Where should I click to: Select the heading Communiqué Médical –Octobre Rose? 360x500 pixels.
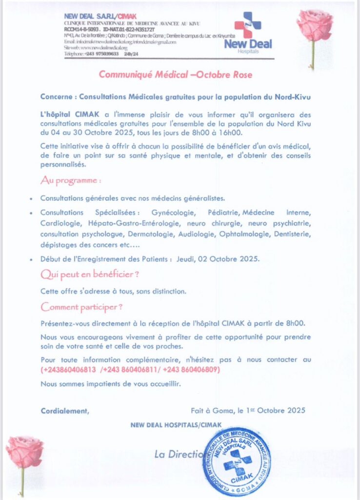click(176, 75)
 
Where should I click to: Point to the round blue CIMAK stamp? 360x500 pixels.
click(237, 461)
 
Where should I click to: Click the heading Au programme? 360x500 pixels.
click(71, 181)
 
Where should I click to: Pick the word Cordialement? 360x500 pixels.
click(65, 411)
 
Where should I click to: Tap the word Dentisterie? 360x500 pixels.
click(289, 235)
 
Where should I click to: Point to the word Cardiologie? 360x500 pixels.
click(61, 224)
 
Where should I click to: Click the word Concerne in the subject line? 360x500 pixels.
click(57, 97)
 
